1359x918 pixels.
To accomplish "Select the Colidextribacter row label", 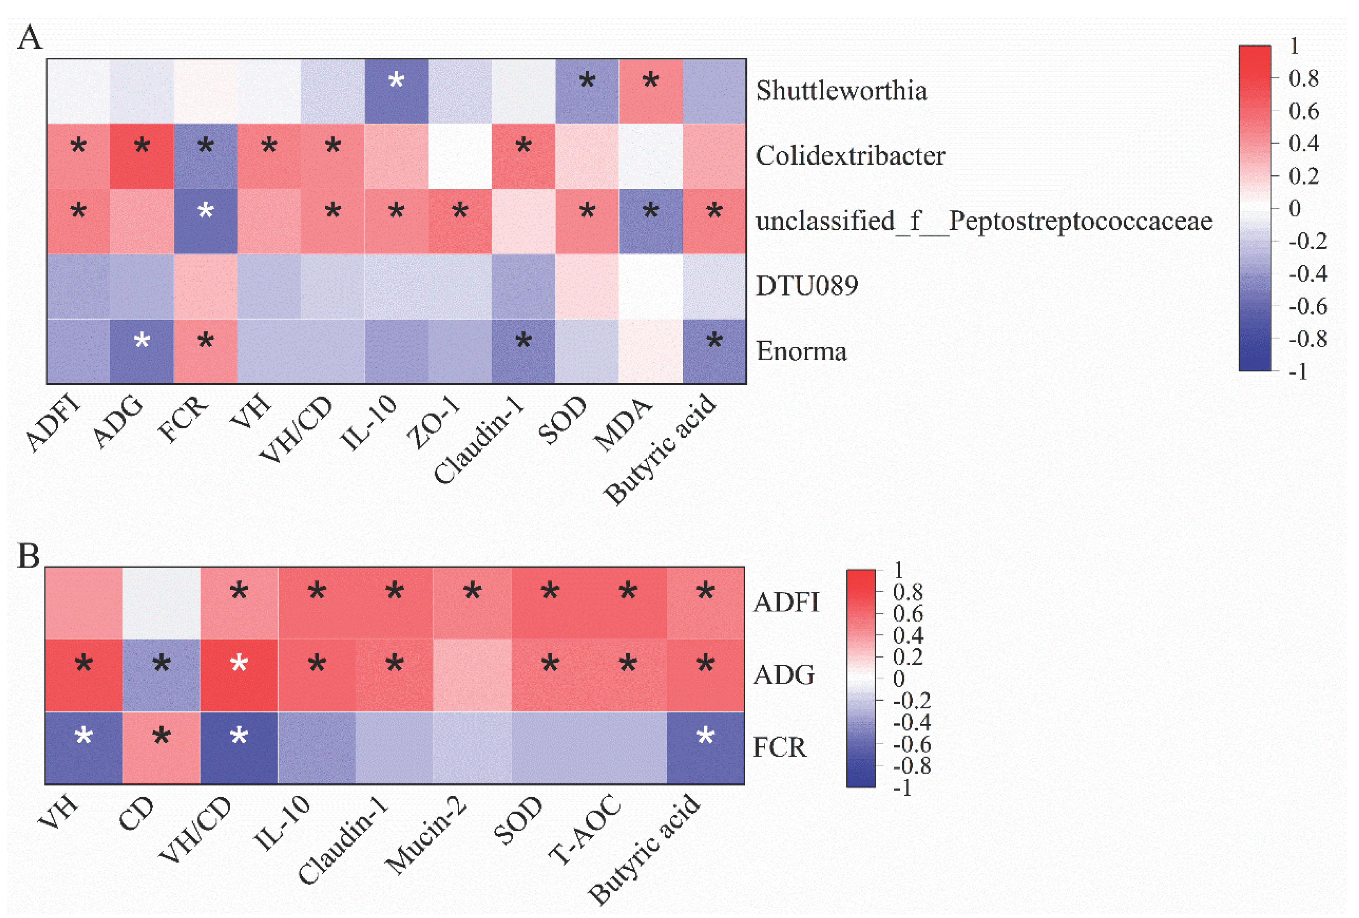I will click(849, 156).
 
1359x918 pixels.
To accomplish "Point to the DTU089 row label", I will click(806, 286).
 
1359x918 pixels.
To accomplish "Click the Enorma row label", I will click(801, 351).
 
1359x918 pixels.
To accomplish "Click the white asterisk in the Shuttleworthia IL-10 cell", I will click(396, 80).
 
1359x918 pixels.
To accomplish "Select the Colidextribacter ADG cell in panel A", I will click(142, 156).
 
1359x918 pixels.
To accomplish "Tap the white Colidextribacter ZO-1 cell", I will click(460, 156).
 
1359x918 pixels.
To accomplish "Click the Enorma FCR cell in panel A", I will click(205, 351).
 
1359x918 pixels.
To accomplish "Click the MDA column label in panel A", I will click(623, 424).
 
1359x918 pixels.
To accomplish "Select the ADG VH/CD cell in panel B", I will click(239, 675).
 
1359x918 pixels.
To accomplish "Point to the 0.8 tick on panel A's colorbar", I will click(1303, 78).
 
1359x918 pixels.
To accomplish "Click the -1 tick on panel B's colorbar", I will click(902, 788).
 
